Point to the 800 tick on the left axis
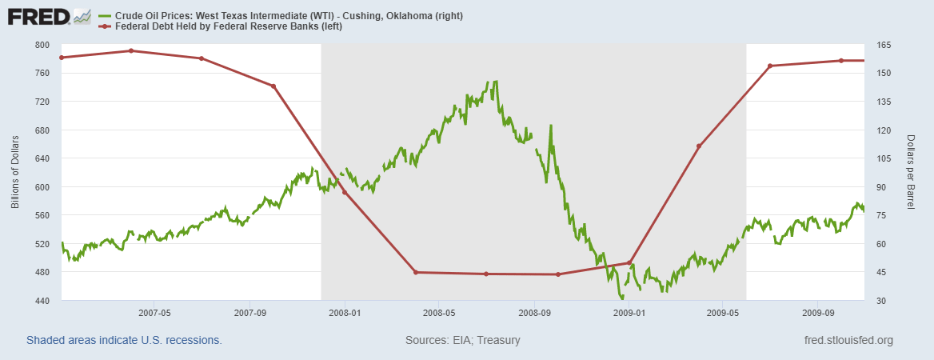click(x=42, y=45)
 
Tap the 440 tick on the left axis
click(x=42, y=301)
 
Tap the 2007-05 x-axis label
click(x=155, y=313)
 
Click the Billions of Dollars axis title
click(x=15, y=172)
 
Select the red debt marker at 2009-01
click(x=630, y=262)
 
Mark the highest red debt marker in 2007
click(x=131, y=50)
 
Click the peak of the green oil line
click(x=496, y=82)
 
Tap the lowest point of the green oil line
click(x=622, y=298)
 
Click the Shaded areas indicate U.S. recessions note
click(x=124, y=340)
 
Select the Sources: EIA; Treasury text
click(x=463, y=340)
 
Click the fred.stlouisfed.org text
click(x=848, y=340)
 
